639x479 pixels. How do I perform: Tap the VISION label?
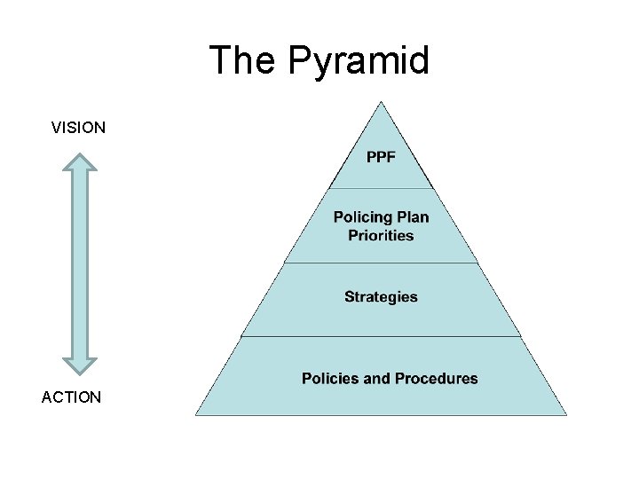(x=78, y=128)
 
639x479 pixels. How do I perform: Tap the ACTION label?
(x=71, y=397)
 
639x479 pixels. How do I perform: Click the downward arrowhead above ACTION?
(x=81, y=363)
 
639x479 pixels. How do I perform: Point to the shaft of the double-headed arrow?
(x=81, y=263)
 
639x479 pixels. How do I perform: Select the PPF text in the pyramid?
(x=381, y=158)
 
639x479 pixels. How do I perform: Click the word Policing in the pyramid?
(x=363, y=217)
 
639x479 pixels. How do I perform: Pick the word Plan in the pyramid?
(x=413, y=217)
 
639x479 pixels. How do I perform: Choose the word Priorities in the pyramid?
(x=381, y=235)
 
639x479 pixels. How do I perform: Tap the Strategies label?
(x=381, y=296)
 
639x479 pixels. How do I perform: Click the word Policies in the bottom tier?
(x=331, y=379)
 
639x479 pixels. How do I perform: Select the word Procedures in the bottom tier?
(x=436, y=379)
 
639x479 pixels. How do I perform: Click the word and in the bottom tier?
(x=377, y=379)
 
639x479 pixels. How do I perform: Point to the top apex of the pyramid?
(x=381, y=102)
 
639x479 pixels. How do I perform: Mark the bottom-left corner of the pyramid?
(x=197, y=414)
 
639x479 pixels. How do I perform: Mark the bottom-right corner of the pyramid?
(x=565, y=414)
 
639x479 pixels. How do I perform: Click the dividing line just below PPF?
(x=381, y=188)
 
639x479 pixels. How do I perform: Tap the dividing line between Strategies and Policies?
(x=381, y=336)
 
